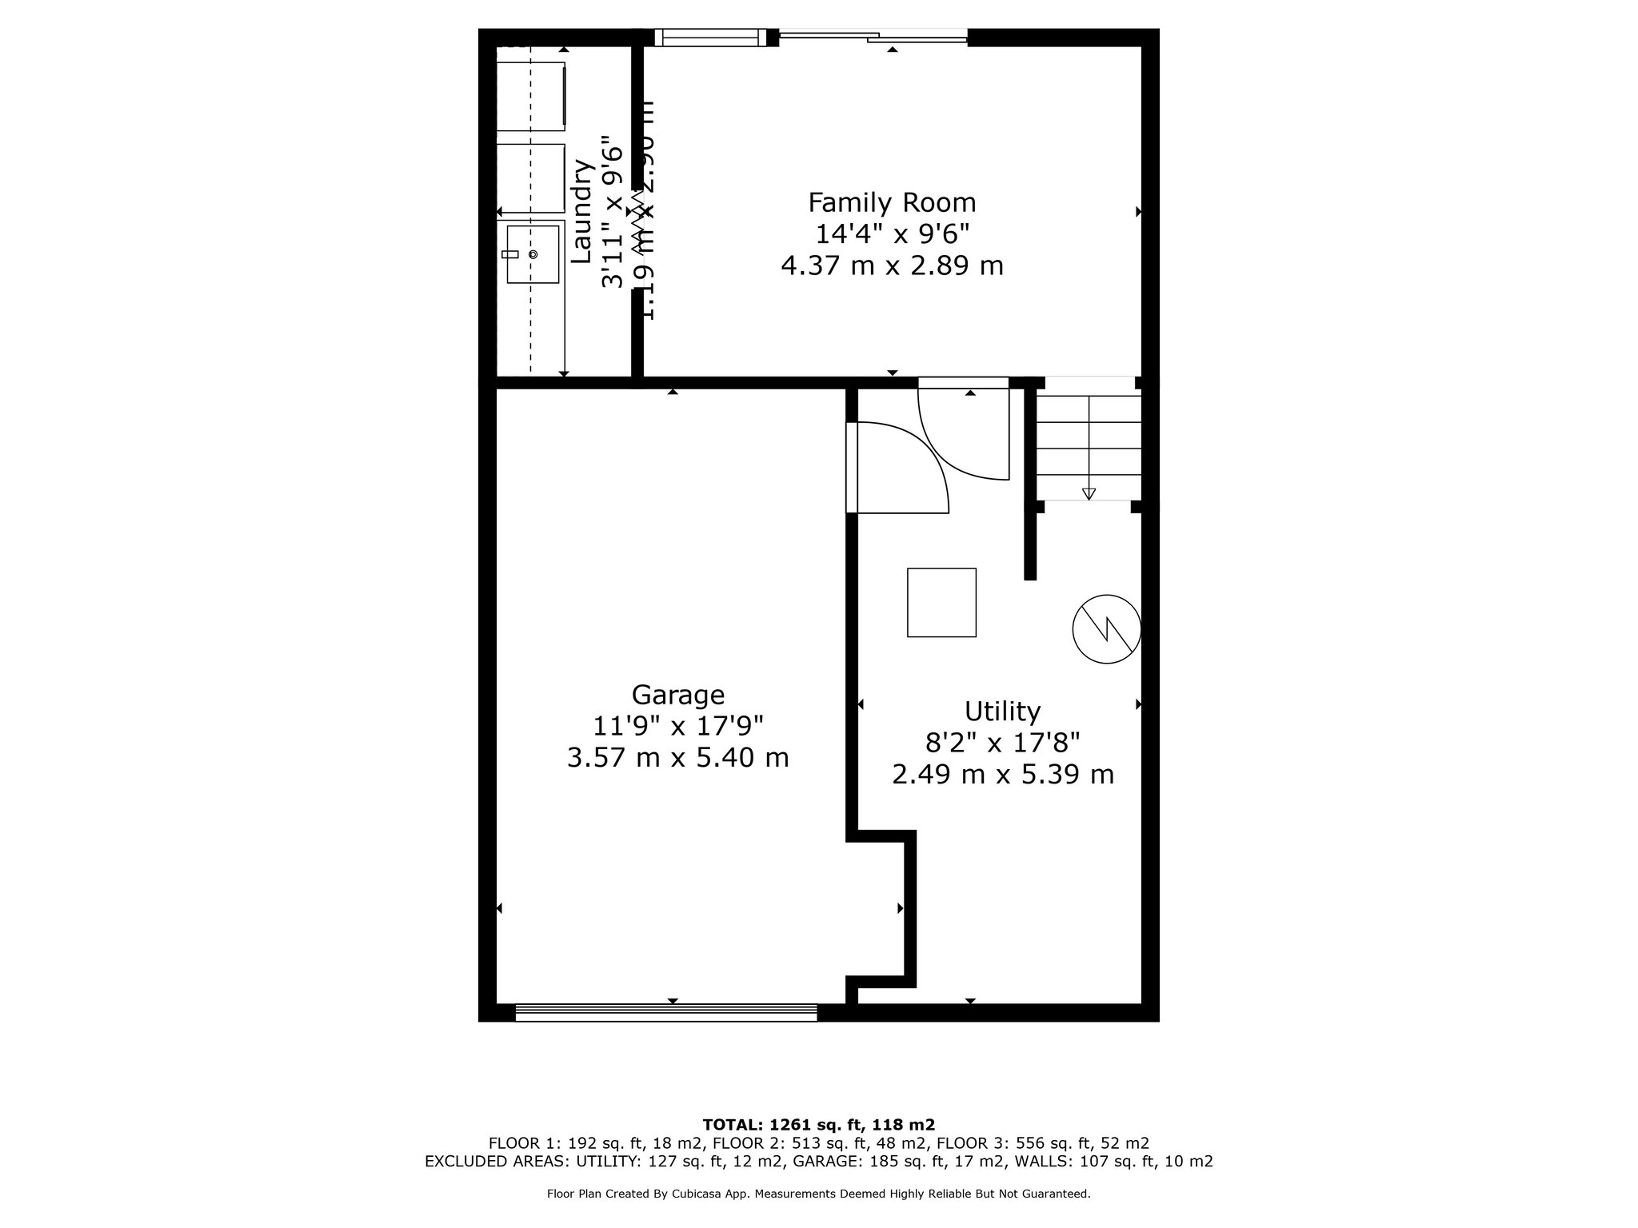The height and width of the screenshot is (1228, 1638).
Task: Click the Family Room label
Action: coord(892,203)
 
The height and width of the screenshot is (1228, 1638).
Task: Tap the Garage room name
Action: coord(677,694)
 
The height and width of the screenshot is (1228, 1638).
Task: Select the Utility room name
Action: coord(1002,711)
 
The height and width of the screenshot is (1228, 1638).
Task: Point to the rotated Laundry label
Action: coord(581,212)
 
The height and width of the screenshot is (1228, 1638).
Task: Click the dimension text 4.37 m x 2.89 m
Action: coord(892,265)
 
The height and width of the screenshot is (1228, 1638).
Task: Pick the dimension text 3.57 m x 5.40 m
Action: coord(677,757)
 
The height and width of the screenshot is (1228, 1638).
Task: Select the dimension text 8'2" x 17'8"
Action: coord(1002,743)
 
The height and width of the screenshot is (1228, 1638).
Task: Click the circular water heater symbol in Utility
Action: coord(1106,628)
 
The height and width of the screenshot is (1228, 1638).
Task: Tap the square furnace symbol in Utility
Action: coord(941,603)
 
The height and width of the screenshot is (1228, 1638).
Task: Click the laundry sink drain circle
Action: coord(533,254)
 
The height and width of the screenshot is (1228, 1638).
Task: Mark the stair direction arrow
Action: coord(1089,493)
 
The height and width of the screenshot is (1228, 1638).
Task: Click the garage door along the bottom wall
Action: coord(665,1014)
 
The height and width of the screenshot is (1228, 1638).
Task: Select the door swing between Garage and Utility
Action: coord(900,472)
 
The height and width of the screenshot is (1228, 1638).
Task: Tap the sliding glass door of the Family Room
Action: coord(873,35)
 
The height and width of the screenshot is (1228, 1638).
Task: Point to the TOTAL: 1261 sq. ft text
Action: coord(818,1124)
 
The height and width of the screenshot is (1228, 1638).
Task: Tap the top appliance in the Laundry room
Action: coord(531,96)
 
